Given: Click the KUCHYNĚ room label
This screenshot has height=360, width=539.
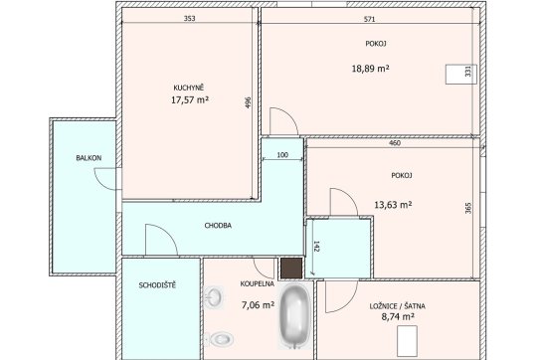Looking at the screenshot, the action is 188,88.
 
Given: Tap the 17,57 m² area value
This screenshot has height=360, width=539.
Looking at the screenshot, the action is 190,100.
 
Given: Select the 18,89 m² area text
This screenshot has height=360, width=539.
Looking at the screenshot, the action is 370,69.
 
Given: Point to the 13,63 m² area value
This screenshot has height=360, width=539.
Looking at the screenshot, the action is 393,205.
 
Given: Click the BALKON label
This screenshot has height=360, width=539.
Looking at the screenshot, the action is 89,158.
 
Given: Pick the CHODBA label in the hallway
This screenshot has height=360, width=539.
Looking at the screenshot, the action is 218,226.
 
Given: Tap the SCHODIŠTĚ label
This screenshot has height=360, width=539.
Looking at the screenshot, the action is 157,285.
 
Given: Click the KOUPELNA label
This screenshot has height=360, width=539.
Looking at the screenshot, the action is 258,284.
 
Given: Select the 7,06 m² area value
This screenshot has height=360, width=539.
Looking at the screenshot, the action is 258,305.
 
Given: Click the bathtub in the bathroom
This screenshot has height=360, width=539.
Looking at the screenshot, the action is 295,314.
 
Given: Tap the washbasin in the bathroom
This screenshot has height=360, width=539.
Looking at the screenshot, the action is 214,297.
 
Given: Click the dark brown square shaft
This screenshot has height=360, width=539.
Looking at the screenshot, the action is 291,269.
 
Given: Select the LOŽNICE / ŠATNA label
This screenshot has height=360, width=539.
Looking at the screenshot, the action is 397,306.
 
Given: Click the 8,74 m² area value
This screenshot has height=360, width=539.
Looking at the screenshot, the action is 398,316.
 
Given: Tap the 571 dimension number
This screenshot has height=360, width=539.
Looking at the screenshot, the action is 369,19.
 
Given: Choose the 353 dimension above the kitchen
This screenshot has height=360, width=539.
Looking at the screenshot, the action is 189,19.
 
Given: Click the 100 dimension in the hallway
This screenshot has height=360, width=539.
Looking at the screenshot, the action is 282,155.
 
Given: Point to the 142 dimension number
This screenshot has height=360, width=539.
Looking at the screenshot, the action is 316,247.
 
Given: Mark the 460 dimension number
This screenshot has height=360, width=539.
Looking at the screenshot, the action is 395,143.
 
